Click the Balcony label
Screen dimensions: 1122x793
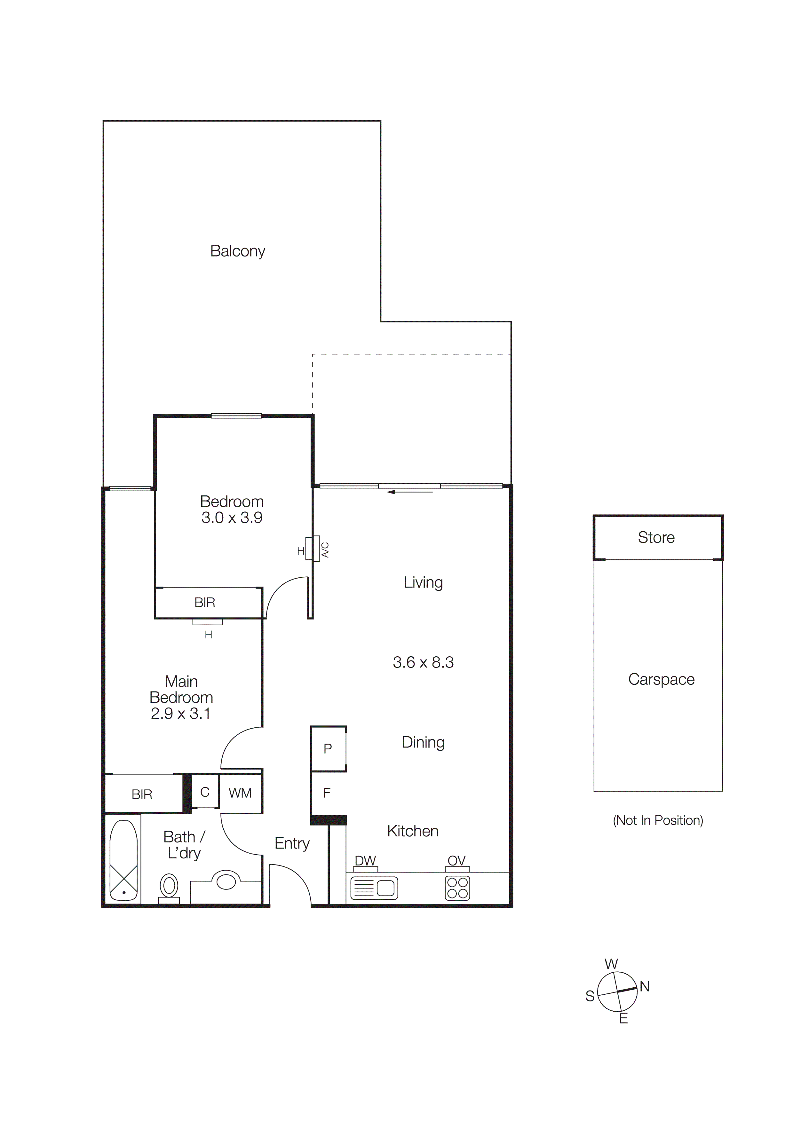pyautogui.click(x=237, y=251)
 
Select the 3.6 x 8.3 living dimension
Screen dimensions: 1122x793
pyautogui.click(x=423, y=662)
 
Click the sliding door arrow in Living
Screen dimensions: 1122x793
pyautogui.click(x=409, y=492)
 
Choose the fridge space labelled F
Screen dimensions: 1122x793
pyautogui.click(x=327, y=793)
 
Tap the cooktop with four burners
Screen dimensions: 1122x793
pyautogui.click(x=457, y=888)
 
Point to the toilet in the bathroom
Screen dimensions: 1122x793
pyautogui.click(x=169, y=887)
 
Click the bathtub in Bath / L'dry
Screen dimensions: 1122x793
pyautogui.click(x=123, y=860)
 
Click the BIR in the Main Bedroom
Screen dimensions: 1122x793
pyautogui.click(x=142, y=794)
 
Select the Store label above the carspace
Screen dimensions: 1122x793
pyautogui.click(x=656, y=538)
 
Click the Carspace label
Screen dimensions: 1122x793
pyautogui.click(x=661, y=679)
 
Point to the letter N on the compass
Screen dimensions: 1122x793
pyautogui.click(x=645, y=987)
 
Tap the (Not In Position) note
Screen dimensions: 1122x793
pyautogui.click(x=658, y=820)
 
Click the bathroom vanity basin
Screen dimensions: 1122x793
pyautogui.click(x=226, y=881)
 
